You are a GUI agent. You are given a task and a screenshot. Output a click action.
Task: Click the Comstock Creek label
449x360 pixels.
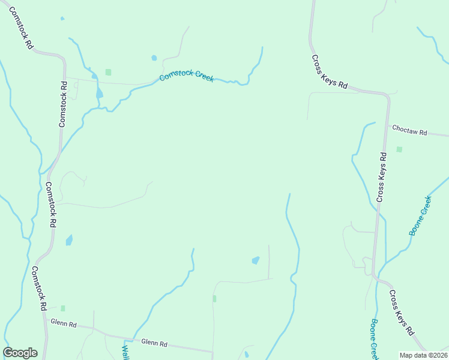[x=186, y=76]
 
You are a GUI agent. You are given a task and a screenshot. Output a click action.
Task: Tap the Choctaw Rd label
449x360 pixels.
[x=409, y=130]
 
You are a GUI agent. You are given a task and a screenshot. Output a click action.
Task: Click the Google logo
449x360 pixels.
[x=20, y=353]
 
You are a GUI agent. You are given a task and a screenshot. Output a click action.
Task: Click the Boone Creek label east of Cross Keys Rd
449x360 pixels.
[x=420, y=215]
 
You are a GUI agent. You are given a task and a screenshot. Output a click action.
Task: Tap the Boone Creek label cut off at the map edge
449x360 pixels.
[x=374, y=340]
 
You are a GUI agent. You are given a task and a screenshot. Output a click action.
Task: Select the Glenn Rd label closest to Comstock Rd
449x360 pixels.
[x=64, y=324]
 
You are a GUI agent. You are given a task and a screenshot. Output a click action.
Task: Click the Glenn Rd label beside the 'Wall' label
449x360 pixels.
[x=154, y=343]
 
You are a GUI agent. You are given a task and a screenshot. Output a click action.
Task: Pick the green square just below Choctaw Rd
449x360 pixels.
[x=399, y=149]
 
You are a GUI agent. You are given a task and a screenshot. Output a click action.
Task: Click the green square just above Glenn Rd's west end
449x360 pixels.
[x=62, y=308]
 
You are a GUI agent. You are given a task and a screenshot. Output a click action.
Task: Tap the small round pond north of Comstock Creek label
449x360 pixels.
[x=154, y=58]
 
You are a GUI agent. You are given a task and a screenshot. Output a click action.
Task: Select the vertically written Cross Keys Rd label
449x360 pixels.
[x=382, y=176]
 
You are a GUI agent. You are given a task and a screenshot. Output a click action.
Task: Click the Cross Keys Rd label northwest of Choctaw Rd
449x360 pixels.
[x=330, y=72]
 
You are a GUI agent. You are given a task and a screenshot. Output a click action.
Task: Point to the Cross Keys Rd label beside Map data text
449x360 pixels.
[x=401, y=313]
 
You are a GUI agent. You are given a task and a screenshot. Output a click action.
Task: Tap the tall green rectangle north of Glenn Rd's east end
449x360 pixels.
[x=214, y=298]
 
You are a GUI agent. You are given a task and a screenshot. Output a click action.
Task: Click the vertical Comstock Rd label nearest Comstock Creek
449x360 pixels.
[x=62, y=104]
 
